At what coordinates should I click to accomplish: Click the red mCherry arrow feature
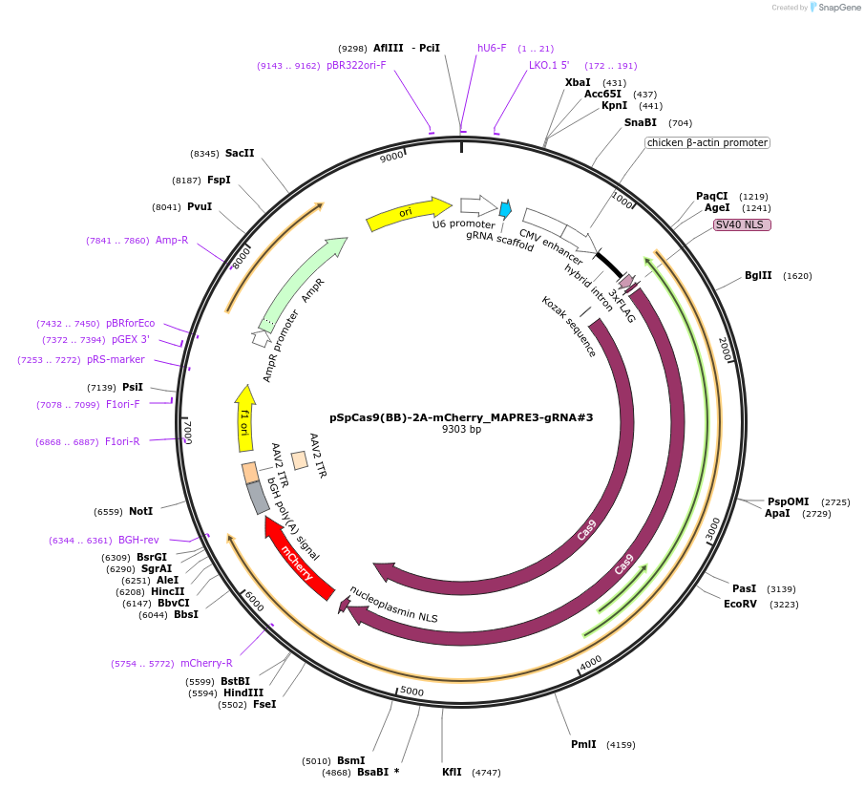300,560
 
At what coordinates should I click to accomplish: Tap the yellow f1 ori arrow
244,418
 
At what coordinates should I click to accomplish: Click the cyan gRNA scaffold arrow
505,208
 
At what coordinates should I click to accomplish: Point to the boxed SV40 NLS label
742,225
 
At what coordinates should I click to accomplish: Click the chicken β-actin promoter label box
707,143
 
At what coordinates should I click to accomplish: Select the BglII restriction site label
758,276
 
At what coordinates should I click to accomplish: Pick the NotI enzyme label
140,512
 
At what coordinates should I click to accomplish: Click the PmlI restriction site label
583,745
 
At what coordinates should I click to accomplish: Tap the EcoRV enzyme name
740,605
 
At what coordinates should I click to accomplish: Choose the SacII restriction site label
240,153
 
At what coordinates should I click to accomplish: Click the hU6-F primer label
492,48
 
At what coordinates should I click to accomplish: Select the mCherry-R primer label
206,663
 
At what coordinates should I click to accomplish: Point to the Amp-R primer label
172,241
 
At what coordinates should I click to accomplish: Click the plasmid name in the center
461,417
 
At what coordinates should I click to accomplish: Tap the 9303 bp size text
461,430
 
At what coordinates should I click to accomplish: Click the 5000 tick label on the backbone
412,691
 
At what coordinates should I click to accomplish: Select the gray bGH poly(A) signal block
258,498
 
